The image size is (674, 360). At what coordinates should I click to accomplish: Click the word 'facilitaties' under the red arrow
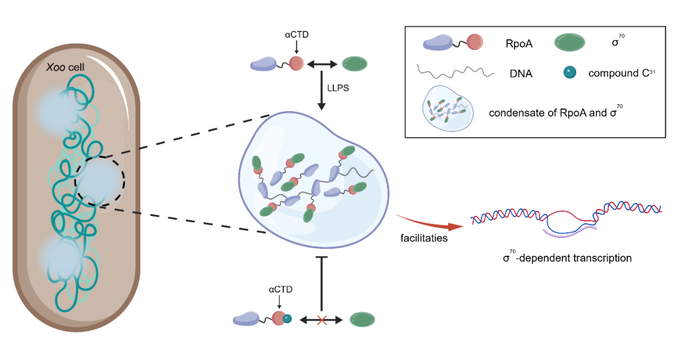tap(424, 238)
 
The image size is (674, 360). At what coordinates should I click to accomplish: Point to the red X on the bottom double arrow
tap(322, 320)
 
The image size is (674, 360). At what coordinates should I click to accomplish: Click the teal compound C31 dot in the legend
tap(570, 73)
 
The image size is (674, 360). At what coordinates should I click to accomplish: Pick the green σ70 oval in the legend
tap(570, 43)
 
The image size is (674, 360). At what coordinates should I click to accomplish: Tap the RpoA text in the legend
tap(519, 44)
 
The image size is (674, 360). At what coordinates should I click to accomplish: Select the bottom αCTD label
tap(280, 290)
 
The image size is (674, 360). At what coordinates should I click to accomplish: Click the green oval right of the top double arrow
tap(355, 64)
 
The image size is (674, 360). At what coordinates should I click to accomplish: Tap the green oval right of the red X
tap(363, 320)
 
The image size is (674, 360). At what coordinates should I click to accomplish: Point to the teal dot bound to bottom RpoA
tap(288, 319)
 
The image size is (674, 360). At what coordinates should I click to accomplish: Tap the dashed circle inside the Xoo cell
tap(100, 181)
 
